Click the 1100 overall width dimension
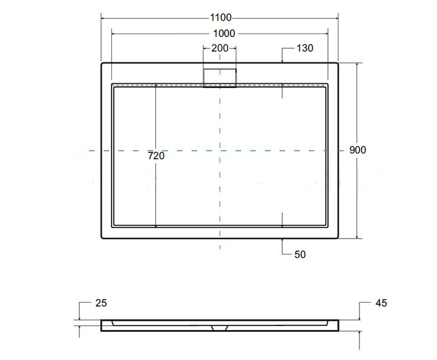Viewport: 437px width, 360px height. [x=220, y=18]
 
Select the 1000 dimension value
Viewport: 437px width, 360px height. [x=220, y=33]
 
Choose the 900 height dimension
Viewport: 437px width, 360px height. [x=357, y=150]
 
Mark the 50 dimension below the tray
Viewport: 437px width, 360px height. [x=299, y=254]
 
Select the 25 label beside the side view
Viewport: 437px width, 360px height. [x=100, y=303]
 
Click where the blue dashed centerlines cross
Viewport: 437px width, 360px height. [x=220, y=151]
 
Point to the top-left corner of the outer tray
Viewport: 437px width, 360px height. [x=102, y=63]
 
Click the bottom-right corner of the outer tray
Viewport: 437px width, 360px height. [x=338, y=238]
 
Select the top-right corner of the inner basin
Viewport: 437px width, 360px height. [x=328, y=84]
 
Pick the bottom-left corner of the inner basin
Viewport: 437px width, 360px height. [x=112, y=226]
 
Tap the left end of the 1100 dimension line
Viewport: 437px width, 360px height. [x=101, y=18]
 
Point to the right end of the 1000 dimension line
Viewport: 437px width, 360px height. [x=327, y=33]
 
